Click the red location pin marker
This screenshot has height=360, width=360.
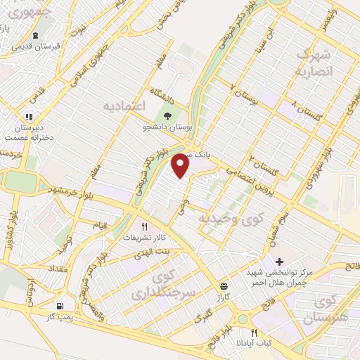coord(181,166)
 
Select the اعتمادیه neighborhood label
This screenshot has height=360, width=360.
coord(123,106)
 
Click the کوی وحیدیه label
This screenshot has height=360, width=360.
coord(224,220)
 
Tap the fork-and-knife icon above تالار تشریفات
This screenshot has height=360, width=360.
coord(144,226)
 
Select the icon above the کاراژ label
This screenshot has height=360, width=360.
coord(224,286)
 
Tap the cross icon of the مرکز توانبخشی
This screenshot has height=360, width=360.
coord(280,261)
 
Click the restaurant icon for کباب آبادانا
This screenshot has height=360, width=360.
coord(255,333)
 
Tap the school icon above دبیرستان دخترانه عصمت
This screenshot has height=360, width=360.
coord(29,117)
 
